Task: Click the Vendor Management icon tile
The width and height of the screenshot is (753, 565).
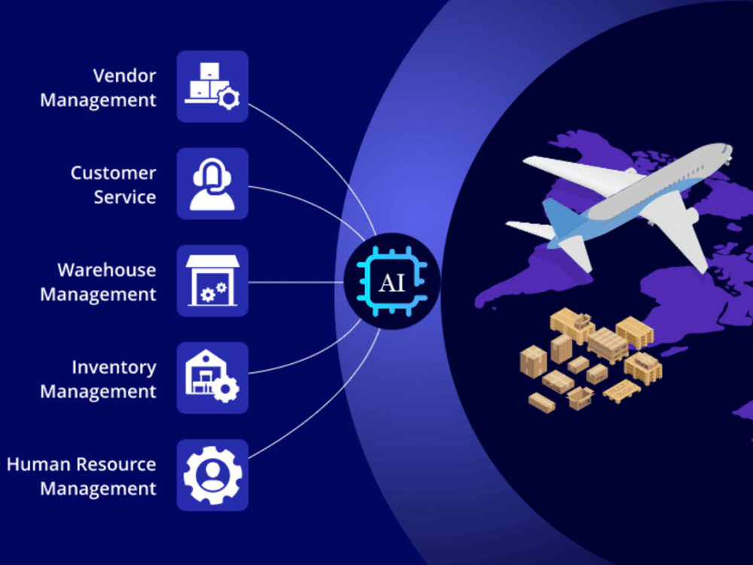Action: [212, 87]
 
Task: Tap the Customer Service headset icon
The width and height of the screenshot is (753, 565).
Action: [212, 185]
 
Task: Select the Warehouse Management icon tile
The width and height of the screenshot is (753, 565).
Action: [212, 281]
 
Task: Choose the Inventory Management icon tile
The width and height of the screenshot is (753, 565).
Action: [212, 378]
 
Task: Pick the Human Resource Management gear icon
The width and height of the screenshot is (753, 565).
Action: [213, 475]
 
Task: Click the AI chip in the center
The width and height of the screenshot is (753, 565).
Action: [392, 282]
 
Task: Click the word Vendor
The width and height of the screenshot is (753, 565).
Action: [124, 76]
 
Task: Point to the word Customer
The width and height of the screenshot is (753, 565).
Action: [114, 173]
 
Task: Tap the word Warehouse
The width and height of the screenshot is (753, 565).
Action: [107, 270]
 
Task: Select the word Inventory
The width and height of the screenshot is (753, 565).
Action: [114, 368]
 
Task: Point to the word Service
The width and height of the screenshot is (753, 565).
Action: [125, 197]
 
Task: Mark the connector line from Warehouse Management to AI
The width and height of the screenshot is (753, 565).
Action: [296, 282]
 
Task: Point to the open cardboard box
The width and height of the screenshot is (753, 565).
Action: [580, 398]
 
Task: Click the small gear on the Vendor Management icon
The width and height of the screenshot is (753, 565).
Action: [229, 99]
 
